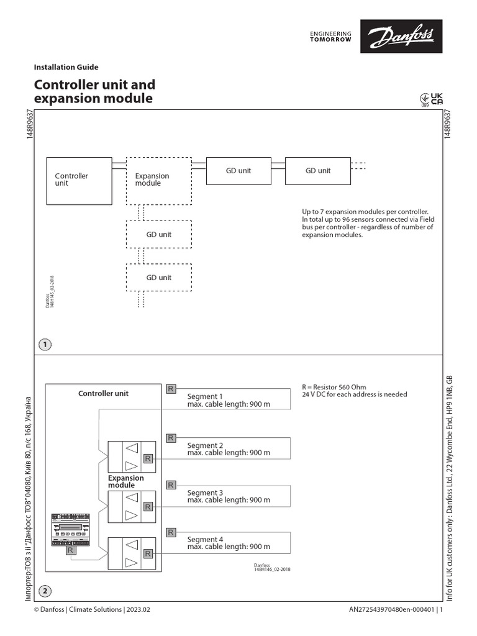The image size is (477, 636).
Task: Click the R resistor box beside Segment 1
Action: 171,389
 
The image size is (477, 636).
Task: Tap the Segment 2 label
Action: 205,445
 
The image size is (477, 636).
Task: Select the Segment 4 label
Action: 205,540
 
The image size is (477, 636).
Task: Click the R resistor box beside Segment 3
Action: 171,485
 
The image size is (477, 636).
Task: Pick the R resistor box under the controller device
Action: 71,550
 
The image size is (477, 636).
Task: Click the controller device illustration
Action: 71,528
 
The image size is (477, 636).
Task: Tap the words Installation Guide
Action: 66,67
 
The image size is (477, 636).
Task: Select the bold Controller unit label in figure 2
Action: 103,393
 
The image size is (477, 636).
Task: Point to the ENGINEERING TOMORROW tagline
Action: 330,36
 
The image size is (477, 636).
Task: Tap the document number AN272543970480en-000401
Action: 393,610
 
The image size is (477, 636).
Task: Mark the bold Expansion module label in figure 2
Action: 125,481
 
